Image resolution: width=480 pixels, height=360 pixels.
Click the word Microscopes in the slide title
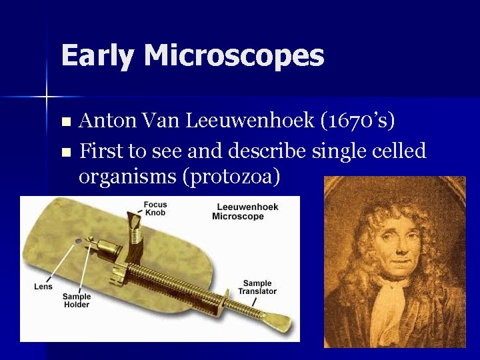[234, 55]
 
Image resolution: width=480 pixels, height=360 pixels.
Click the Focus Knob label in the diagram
[155, 209]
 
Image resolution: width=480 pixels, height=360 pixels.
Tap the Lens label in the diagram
[43, 287]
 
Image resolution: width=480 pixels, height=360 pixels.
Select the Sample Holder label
[77, 301]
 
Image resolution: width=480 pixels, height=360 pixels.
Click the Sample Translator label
[257, 288]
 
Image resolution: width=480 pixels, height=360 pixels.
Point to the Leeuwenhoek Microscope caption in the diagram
[247, 211]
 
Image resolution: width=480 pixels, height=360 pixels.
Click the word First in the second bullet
[101, 151]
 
